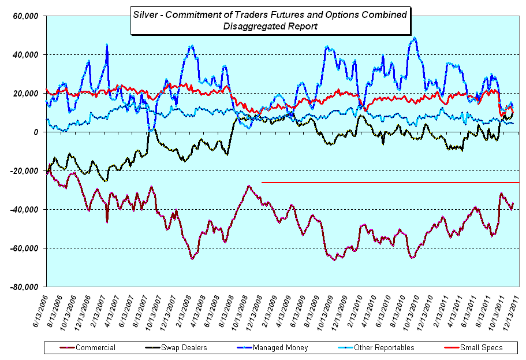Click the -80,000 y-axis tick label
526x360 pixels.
pyautogui.click(x=25, y=287)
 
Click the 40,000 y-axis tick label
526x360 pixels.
pyautogui.click(x=26, y=55)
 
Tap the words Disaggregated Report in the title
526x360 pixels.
pyautogui.click(x=271, y=26)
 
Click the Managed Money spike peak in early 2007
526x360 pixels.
pyautogui.click(x=107, y=45)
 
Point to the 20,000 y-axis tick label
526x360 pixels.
pyautogui.click(x=26, y=94)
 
